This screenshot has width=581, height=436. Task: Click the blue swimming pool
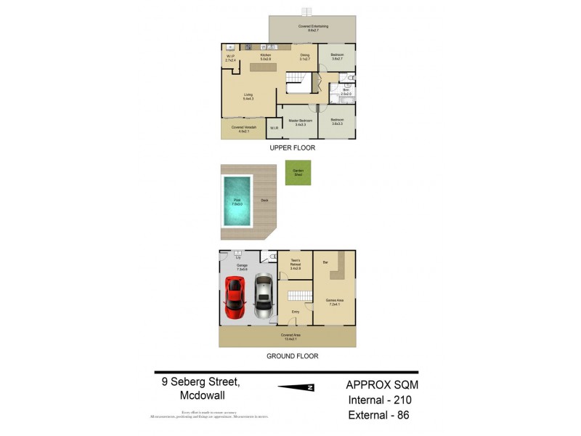(237, 201)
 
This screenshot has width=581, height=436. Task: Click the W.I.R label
(274, 129)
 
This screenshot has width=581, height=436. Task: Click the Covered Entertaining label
(312, 28)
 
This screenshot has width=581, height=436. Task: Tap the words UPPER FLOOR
(291, 148)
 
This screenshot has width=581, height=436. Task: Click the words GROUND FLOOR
(292, 356)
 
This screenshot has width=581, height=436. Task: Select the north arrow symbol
(299, 387)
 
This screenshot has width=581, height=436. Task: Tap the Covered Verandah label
(240, 129)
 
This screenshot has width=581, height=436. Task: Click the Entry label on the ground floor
(296, 312)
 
